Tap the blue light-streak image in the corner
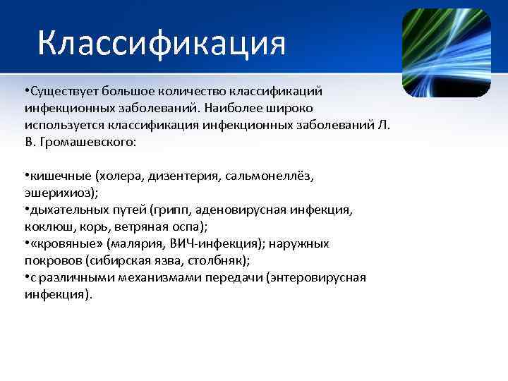point(445,53)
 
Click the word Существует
point(62,92)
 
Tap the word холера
point(122,175)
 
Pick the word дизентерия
point(185,175)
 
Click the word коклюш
point(44,226)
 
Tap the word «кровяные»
point(66,243)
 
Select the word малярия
point(136,243)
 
